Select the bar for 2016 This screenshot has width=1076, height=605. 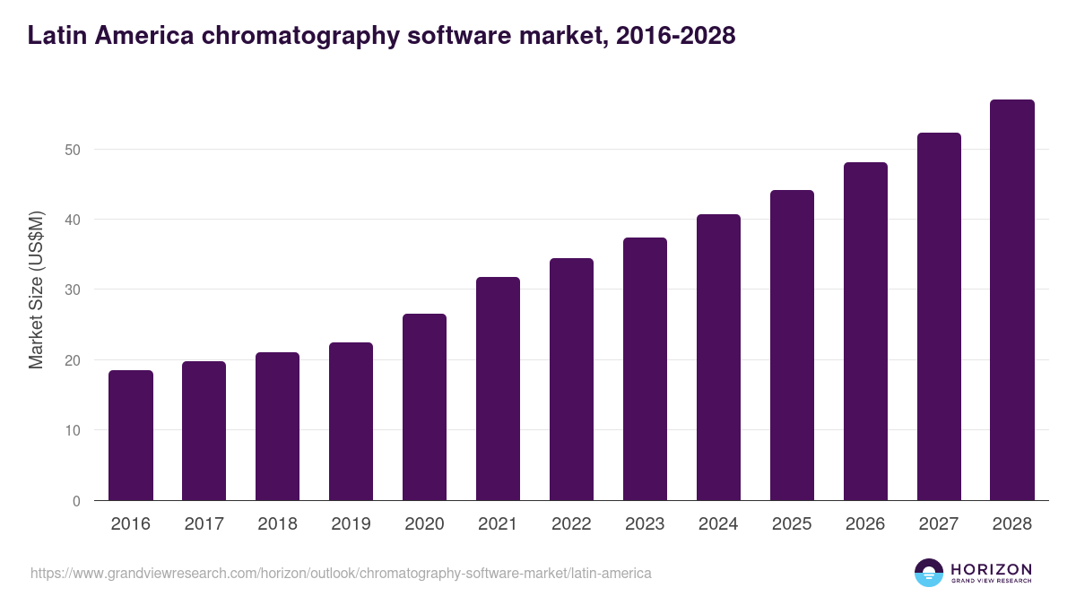coord(131,436)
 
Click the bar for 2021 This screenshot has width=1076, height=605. coord(498,389)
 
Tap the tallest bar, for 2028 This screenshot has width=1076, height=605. coord(1012,300)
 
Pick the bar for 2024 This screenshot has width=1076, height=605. coord(718,358)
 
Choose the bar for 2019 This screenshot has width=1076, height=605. coord(351,421)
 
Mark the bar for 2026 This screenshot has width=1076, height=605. coord(865,332)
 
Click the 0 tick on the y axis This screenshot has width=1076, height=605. coord(76,501)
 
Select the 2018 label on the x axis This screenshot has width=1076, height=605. coord(277,524)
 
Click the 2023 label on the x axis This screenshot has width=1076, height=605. coord(645,524)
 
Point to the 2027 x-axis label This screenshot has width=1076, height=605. coord(939,524)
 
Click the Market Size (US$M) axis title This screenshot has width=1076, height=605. coord(36,290)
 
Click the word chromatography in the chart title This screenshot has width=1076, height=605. coord(290,36)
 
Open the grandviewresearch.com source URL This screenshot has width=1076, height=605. coord(341,573)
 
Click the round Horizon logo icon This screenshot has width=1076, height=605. coord(929,573)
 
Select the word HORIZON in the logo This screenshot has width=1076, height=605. coord(991,568)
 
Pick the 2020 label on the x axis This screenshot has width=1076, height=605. coord(424,524)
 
